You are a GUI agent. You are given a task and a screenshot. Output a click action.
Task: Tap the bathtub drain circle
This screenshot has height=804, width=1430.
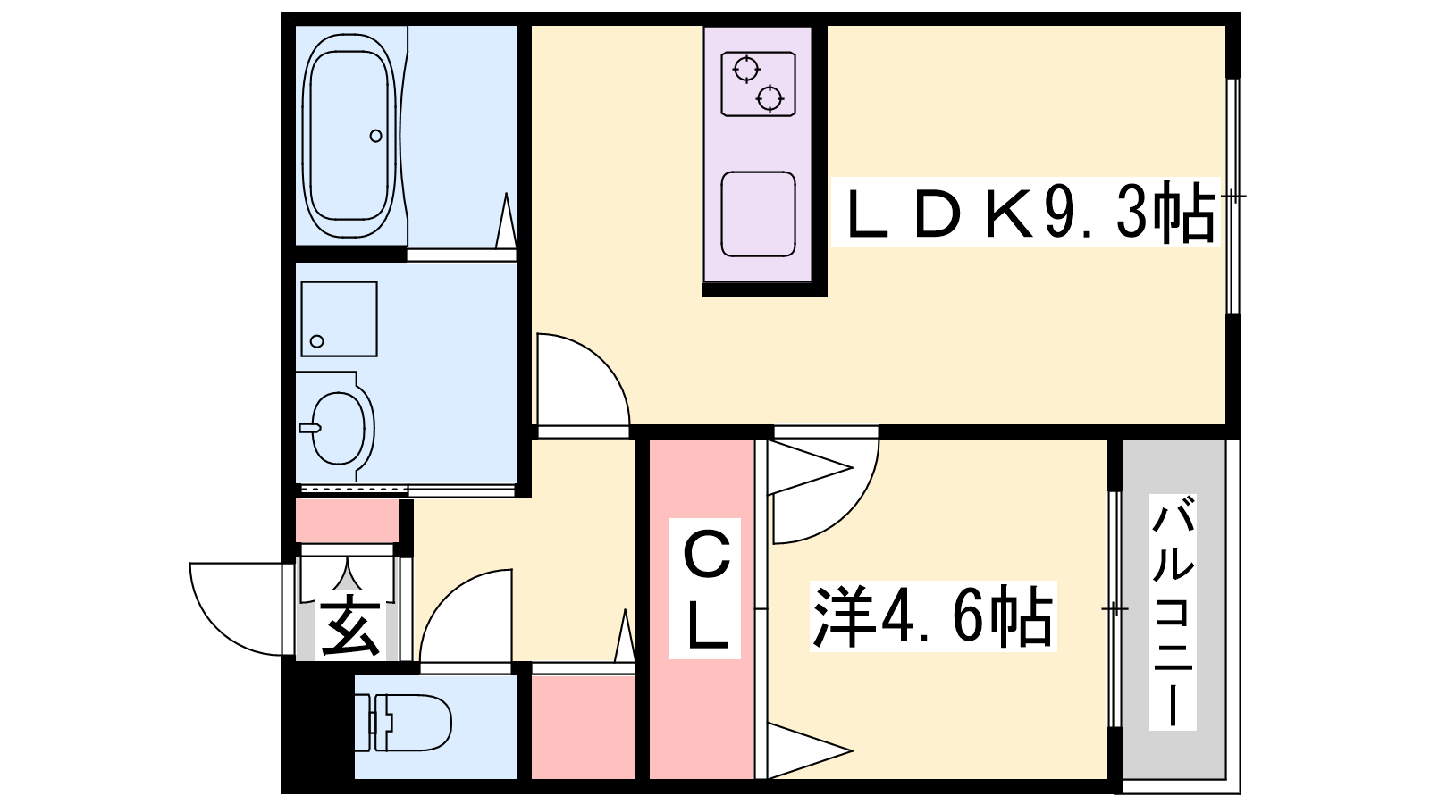point(376,136)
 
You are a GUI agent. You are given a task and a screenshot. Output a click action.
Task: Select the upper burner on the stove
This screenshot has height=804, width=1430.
point(745,69)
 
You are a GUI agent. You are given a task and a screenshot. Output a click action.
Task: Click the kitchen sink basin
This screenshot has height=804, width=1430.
point(759,214)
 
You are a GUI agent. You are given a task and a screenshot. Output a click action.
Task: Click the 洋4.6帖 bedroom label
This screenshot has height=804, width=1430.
point(933,616)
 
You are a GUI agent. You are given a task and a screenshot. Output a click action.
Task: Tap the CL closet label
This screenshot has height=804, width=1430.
point(705,589)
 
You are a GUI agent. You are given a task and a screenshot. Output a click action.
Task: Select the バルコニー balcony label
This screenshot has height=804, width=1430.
point(1173,614)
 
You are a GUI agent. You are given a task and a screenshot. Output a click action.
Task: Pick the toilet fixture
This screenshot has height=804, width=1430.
point(402,723)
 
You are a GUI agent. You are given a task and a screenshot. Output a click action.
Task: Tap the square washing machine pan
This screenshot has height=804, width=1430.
point(339,319)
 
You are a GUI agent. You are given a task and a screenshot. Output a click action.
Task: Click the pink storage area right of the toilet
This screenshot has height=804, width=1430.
point(584,727)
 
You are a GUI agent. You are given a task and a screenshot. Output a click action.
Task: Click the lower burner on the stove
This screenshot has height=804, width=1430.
point(770,98)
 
